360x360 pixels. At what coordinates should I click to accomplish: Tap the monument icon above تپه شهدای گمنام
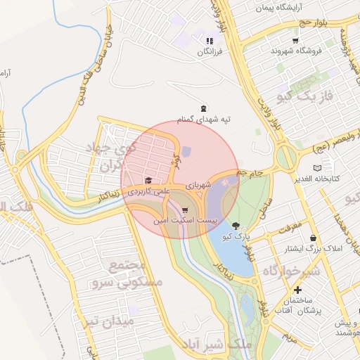point(204,108)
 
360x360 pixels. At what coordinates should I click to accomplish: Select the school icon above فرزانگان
point(209,40)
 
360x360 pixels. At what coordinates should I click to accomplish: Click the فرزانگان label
point(210,52)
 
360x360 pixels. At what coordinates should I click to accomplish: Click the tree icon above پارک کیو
point(236,226)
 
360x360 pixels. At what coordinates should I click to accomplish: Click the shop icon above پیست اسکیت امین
point(184,210)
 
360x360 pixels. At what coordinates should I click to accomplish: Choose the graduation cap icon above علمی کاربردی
point(148,181)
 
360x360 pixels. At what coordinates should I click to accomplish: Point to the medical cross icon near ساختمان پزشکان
point(298,290)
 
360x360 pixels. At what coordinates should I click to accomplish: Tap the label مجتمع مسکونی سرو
point(136,274)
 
